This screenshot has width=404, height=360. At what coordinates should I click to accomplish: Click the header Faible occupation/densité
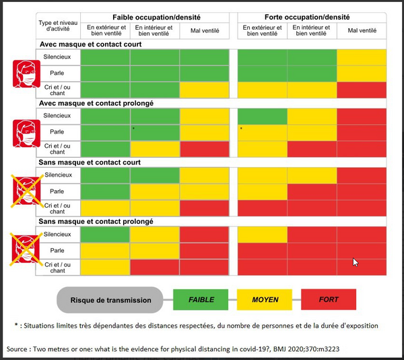(x=156, y=17)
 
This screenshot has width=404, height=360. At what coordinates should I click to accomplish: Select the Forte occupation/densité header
(x=312, y=17)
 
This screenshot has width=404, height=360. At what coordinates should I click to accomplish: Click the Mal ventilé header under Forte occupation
(x=362, y=31)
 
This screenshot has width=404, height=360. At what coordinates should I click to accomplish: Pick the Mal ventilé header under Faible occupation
(x=205, y=31)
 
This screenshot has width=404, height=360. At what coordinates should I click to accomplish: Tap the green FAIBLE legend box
(x=202, y=299)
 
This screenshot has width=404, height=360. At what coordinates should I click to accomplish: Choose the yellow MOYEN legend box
(x=266, y=299)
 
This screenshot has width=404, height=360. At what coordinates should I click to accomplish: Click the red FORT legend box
(x=329, y=299)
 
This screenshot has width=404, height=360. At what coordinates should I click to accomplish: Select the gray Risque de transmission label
(x=110, y=299)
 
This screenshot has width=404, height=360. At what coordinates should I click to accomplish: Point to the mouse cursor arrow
(x=355, y=262)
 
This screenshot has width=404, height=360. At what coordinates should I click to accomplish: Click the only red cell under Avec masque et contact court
(x=362, y=89)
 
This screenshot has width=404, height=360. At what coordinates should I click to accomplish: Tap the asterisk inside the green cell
(x=134, y=129)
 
